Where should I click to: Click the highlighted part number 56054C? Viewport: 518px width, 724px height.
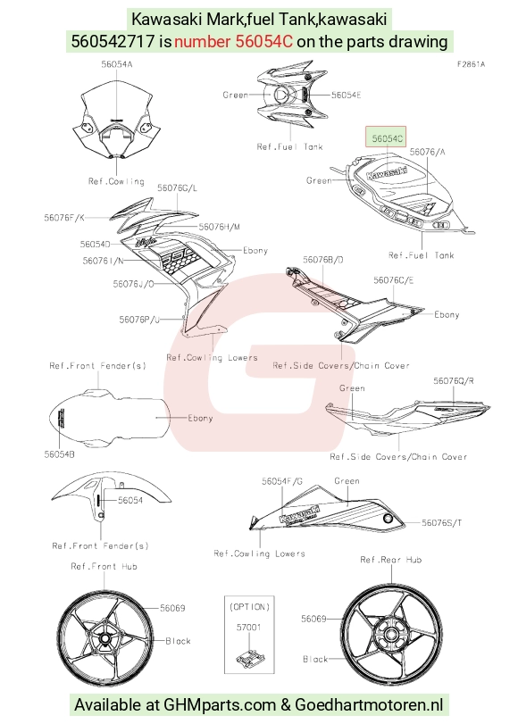(388, 137)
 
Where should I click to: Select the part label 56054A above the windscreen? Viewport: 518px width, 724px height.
(117, 64)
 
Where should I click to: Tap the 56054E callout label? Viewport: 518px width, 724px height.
(347, 95)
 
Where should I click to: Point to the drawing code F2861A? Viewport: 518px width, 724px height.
(471, 64)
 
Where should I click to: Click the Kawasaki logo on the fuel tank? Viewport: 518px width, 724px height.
(387, 171)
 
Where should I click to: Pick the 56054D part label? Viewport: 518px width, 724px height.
(96, 244)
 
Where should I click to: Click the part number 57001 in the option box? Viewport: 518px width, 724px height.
(248, 627)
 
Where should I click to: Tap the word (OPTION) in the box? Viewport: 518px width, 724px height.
(249, 606)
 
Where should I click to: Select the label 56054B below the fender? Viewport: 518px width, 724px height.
(60, 454)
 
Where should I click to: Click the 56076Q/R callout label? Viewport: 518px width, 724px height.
(454, 380)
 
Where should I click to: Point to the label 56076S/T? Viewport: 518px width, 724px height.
(441, 522)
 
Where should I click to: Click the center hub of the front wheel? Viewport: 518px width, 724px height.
(104, 639)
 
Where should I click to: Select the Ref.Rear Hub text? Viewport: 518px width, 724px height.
(391, 559)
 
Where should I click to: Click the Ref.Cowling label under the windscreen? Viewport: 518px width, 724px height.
(116, 181)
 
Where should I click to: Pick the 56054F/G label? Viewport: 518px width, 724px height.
(282, 481)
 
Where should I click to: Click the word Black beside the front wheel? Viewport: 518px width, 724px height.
(178, 641)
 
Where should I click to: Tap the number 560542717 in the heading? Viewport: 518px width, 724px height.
(113, 42)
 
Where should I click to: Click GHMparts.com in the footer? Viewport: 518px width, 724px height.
(220, 705)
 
